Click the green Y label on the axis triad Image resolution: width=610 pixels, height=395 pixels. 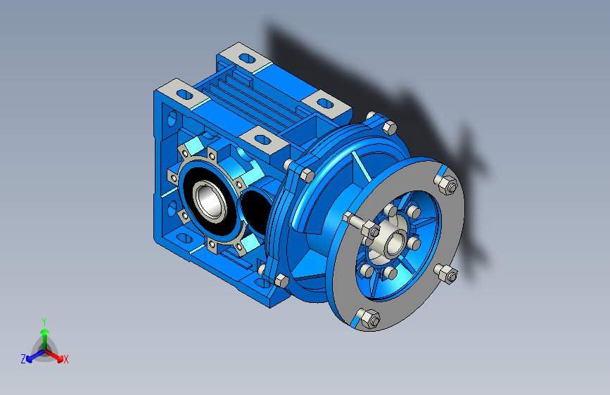(x=44, y=322)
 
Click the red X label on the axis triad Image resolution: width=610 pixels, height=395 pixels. (x=65, y=359)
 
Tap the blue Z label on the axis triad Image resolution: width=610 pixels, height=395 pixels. (x=23, y=359)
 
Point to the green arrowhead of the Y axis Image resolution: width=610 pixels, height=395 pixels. (x=45, y=332)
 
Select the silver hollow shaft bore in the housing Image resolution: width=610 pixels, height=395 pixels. (x=210, y=200)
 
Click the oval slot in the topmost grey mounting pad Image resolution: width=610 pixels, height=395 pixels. (x=247, y=59)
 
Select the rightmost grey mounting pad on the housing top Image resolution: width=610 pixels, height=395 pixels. (x=326, y=104)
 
